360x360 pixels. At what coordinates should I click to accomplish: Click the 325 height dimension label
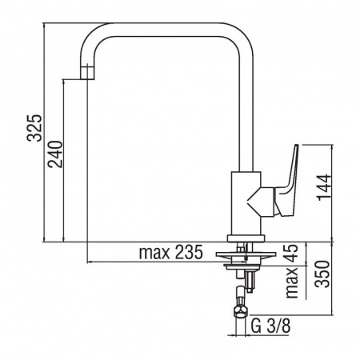[35, 128]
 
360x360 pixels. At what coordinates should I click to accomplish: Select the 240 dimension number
[55, 154]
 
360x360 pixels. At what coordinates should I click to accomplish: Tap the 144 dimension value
[324, 187]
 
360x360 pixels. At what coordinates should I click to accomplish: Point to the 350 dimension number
[322, 274]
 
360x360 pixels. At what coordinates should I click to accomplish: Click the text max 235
[171, 252]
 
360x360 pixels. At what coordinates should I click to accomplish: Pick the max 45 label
[291, 271]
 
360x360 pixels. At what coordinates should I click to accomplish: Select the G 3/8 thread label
[270, 326]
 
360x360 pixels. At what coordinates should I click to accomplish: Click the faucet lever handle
[286, 182]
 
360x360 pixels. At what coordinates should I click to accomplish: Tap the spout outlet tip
[87, 72]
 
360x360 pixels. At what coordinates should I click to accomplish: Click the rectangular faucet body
[246, 203]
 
